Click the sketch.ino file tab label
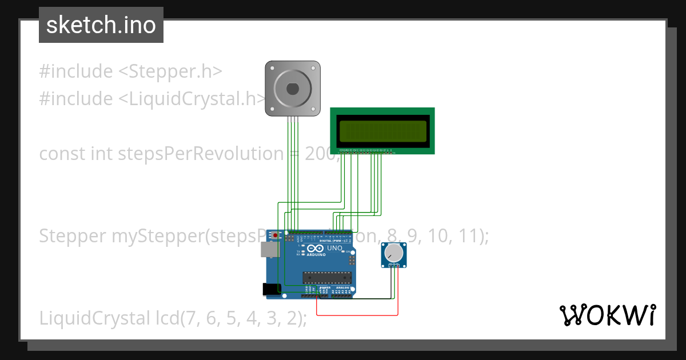[x=101, y=25]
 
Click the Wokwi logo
[x=607, y=315]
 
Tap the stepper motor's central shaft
[x=292, y=89]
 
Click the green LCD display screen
[x=383, y=131]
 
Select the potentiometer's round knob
[x=393, y=253]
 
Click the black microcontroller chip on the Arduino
[x=326, y=278]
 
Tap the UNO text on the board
[x=334, y=249]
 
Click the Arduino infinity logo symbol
[x=316, y=249]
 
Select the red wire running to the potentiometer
[x=357, y=315]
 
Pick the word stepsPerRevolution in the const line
[x=200, y=154]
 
